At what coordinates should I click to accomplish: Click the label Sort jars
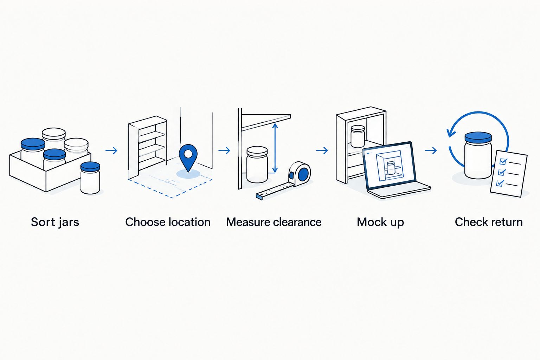click(x=55, y=222)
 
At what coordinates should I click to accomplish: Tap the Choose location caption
click(x=168, y=222)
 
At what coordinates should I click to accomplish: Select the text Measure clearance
click(x=274, y=222)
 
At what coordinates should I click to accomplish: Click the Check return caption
click(x=489, y=222)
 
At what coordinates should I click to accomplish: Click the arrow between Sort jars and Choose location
click(x=111, y=151)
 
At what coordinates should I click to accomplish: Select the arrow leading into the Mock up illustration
click(x=322, y=151)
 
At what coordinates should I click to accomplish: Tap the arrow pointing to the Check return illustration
click(x=431, y=151)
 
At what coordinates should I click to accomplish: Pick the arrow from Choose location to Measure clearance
click(x=224, y=151)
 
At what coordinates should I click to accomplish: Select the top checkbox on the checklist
click(x=503, y=162)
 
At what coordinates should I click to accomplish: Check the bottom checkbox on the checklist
click(x=500, y=183)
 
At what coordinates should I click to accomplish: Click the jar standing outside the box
click(x=90, y=178)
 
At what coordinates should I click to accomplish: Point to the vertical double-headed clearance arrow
click(x=275, y=148)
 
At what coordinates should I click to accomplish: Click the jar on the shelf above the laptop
click(x=358, y=136)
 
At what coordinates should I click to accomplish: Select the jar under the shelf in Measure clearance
click(x=257, y=164)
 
